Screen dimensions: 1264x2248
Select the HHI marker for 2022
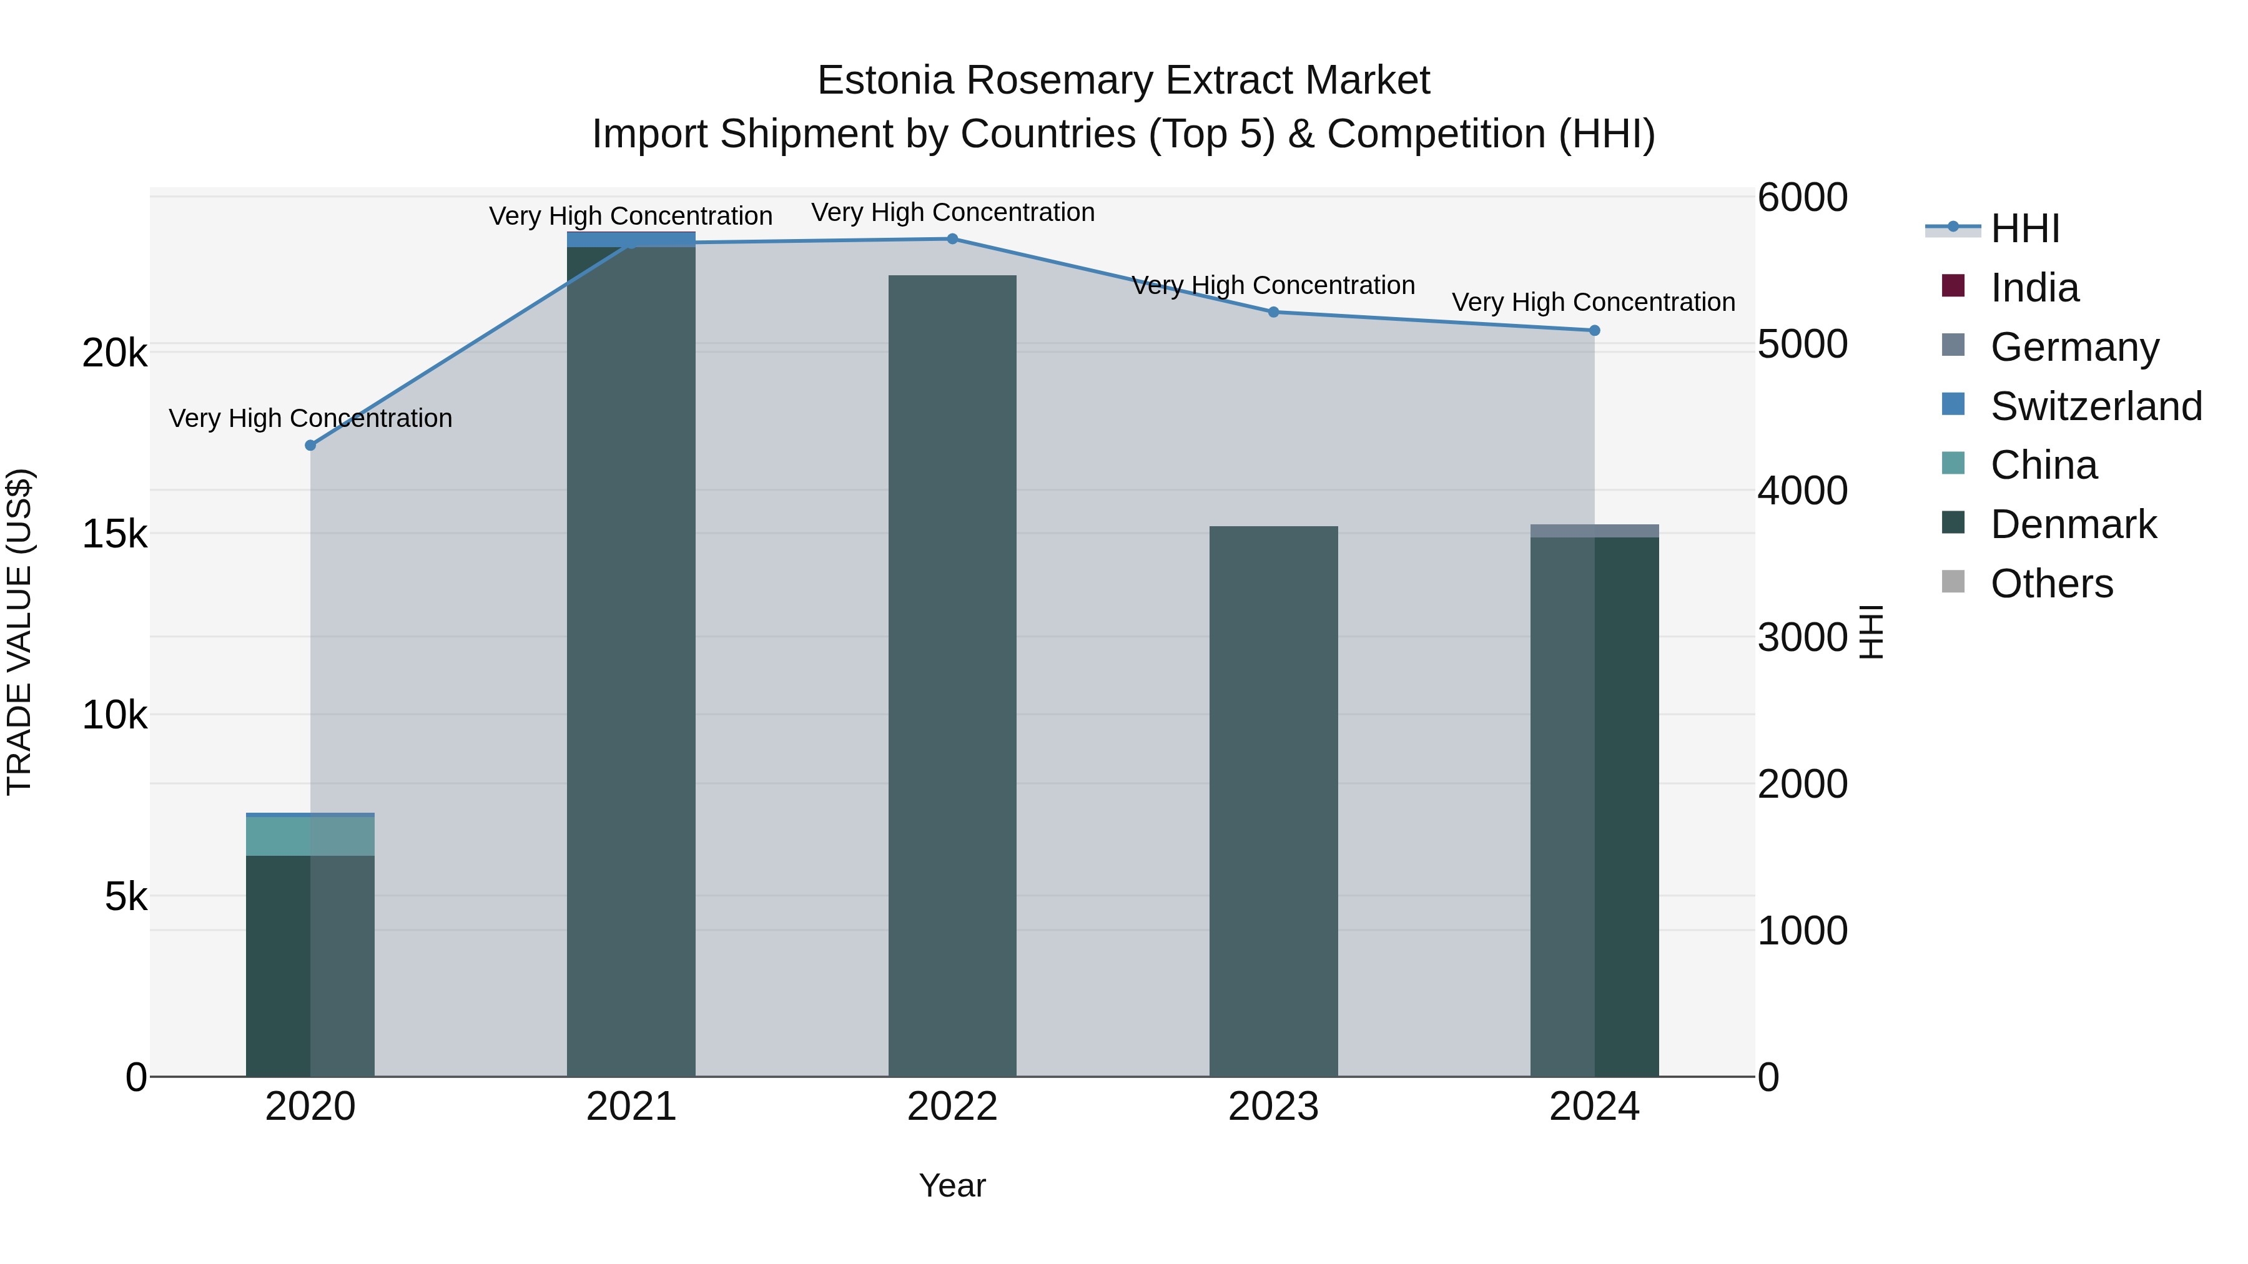(952, 239)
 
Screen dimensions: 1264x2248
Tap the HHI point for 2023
(1273, 312)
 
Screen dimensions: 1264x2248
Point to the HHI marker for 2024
(1594, 331)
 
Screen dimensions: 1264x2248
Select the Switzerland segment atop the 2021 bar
(631, 239)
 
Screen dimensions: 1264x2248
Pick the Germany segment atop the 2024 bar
(1594, 531)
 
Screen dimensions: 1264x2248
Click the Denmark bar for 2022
(952, 676)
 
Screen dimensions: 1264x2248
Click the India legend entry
(2034, 288)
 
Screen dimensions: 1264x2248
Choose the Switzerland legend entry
(2095, 406)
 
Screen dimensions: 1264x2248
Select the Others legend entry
(2051, 584)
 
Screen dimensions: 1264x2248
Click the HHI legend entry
(2024, 228)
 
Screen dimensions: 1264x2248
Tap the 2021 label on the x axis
(631, 1107)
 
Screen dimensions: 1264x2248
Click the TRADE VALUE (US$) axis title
(19, 632)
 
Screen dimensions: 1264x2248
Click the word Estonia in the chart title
(885, 81)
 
